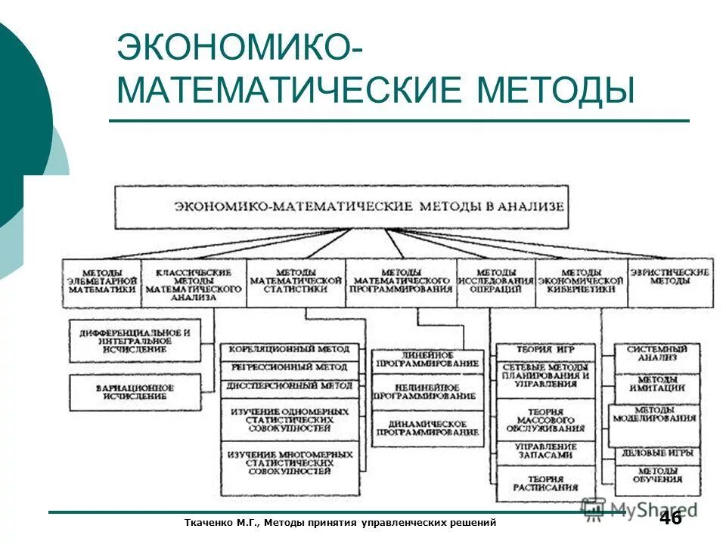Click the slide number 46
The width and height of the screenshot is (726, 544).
(x=671, y=518)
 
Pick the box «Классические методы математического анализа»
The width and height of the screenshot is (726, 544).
(x=193, y=283)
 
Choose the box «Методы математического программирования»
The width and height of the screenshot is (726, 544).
(x=401, y=281)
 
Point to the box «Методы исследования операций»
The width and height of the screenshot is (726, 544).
(x=495, y=281)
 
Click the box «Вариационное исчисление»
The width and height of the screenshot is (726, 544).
(x=135, y=392)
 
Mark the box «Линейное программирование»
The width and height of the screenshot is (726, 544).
(x=427, y=361)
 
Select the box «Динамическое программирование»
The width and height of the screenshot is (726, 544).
(x=427, y=429)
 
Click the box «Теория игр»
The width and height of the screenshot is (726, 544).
(x=544, y=351)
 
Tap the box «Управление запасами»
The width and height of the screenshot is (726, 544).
(x=544, y=452)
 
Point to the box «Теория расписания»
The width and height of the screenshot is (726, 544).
(x=544, y=484)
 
